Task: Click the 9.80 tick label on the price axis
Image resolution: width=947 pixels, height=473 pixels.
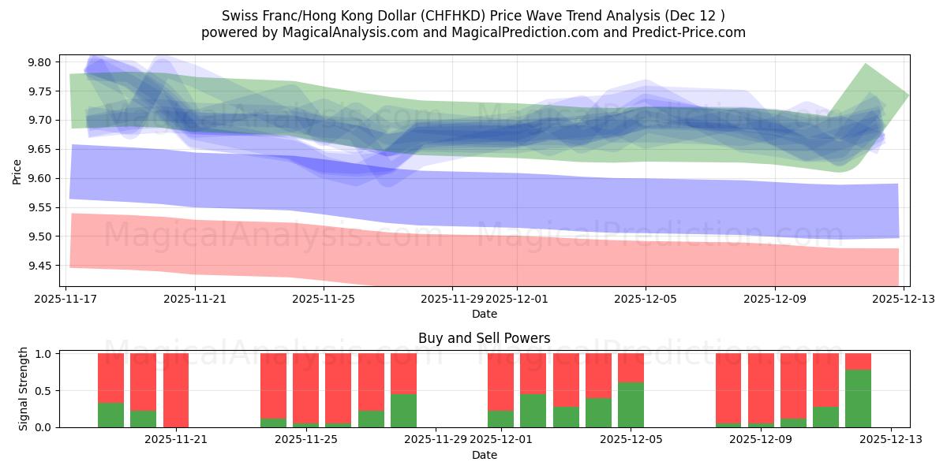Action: (39, 62)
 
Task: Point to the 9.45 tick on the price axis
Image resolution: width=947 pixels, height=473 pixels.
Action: (39, 266)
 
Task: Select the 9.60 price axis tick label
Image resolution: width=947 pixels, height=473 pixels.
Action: (39, 178)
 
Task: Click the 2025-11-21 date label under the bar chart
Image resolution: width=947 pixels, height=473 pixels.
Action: (175, 440)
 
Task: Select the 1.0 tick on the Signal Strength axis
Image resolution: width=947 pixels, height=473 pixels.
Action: (44, 354)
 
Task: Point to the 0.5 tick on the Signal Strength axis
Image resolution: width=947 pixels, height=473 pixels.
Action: (44, 391)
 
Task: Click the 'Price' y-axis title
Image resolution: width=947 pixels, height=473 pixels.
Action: (17, 171)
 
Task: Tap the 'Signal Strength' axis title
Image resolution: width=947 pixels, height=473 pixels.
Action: (24, 389)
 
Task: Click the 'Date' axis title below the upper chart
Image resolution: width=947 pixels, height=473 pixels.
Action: (484, 314)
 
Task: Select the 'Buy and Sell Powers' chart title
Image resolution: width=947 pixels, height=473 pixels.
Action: (484, 338)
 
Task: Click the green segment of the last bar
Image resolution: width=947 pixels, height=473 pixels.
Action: (858, 398)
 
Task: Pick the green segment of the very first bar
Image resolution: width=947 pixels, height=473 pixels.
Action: (110, 415)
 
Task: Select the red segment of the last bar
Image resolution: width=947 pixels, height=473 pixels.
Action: (858, 361)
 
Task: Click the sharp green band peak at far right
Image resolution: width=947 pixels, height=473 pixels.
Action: (866, 66)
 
